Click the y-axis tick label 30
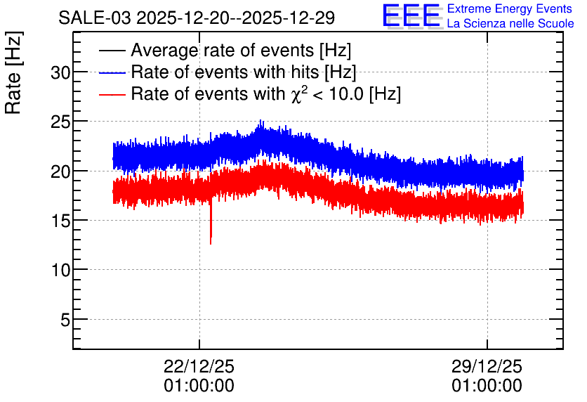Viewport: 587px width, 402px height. click(x=60, y=72)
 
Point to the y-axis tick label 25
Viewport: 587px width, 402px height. click(x=60, y=122)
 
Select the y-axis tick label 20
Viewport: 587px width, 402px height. click(x=60, y=171)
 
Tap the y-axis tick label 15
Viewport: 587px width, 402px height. click(x=60, y=221)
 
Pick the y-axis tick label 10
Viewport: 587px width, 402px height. click(x=60, y=270)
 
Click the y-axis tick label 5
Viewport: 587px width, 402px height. click(x=65, y=320)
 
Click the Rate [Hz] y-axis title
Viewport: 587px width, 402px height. click(x=13, y=72)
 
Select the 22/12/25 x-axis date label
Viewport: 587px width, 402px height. click(x=199, y=366)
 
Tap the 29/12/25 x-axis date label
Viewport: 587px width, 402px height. click(x=487, y=366)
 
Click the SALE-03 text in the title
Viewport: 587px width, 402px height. click(x=95, y=18)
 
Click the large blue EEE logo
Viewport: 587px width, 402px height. click(x=411, y=15)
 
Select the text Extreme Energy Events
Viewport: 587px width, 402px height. click(x=510, y=8)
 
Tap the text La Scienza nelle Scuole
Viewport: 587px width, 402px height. click(x=510, y=23)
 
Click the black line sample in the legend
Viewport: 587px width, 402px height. click(x=112, y=51)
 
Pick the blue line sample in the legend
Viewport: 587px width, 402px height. click(x=112, y=72)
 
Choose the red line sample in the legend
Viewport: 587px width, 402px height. click(x=112, y=95)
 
